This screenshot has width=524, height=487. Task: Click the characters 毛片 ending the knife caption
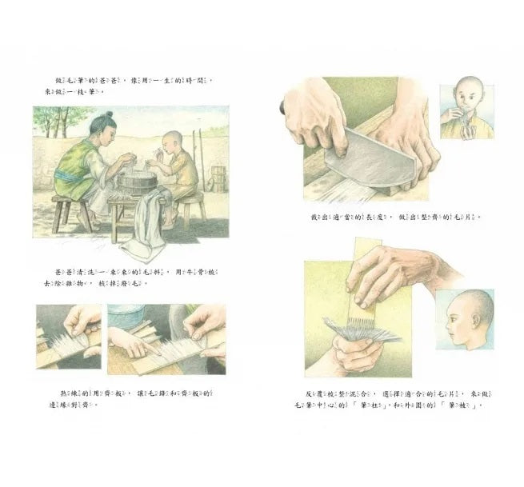[x=469, y=217]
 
